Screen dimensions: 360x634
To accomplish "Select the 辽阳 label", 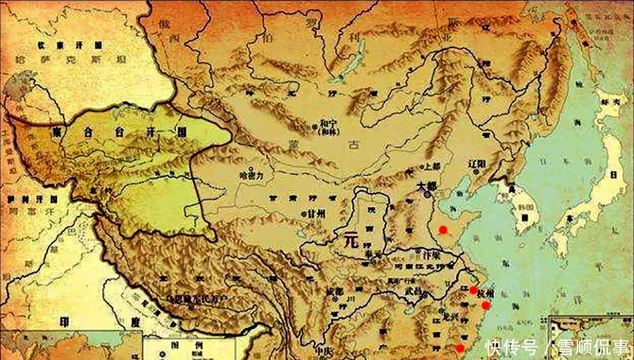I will [x=478, y=163].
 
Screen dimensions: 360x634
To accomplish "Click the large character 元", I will [x=350, y=240].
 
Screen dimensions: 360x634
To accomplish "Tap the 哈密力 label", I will [x=251, y=172].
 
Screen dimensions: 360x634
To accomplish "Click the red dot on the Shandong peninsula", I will [x=442, y=230].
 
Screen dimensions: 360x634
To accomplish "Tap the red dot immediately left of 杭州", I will [x=473, y=290].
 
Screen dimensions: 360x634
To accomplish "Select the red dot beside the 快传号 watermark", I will [x=460, y=348].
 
